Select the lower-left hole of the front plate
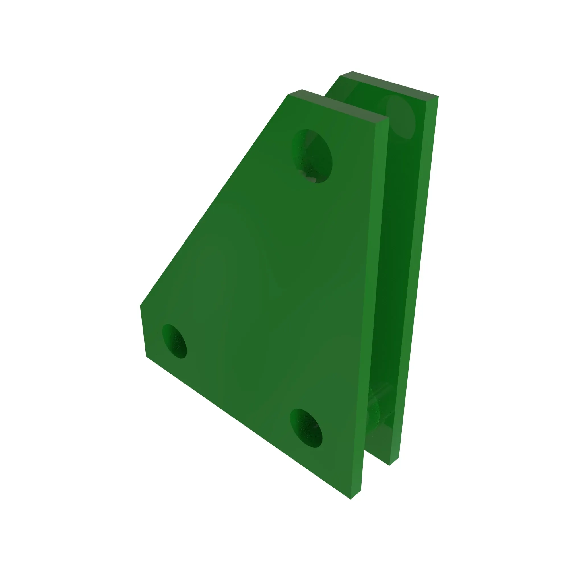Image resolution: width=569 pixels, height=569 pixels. click(x=175, y=341)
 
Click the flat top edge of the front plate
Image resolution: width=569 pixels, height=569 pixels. click(x=339, y=106)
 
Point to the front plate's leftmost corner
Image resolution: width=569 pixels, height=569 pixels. click(x=140, y=306)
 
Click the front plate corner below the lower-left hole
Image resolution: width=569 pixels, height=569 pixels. click(x=146, y=356)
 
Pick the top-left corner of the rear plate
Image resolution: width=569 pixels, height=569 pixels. click(x=341, y=76)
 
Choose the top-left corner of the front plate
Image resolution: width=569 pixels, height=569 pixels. click(x=288, y=94)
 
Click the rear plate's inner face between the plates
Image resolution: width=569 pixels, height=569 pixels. click(x=398, y=265)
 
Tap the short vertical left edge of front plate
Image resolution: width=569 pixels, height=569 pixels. click(x=143, y=331)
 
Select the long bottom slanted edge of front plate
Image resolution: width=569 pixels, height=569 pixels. click(x=248, y=427)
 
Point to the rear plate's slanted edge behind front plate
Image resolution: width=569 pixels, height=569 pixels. click(x=332, y=86)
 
